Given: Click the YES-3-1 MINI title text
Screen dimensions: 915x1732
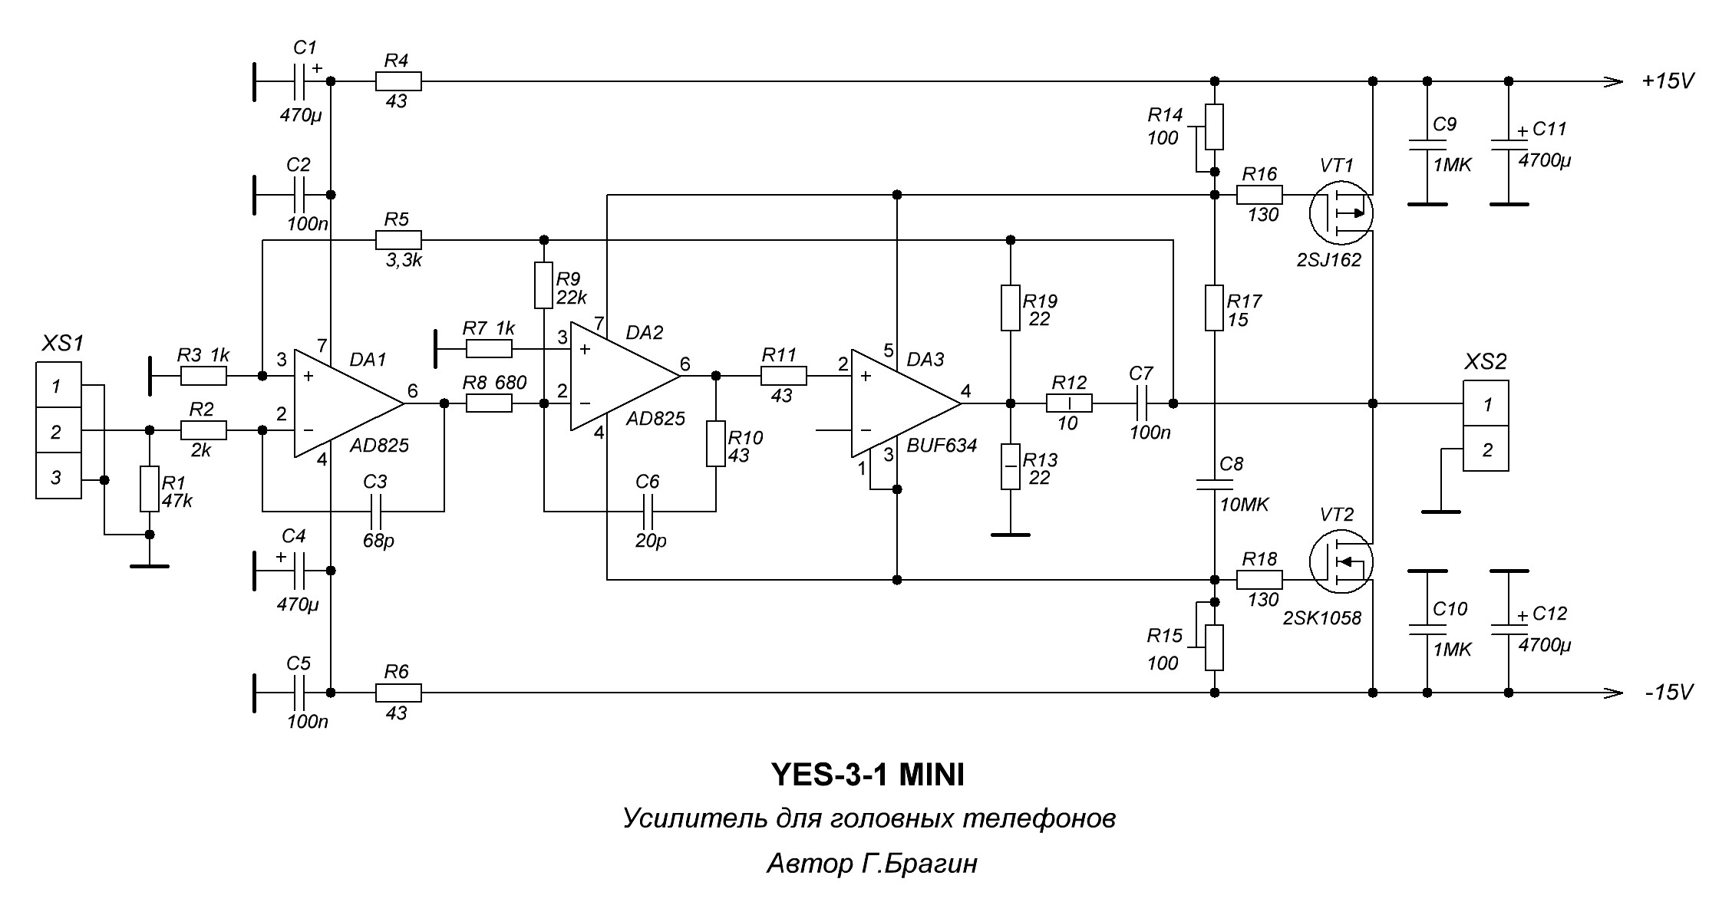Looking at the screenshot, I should point(867,775).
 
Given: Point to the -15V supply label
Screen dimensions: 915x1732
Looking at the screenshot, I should point(1668,693).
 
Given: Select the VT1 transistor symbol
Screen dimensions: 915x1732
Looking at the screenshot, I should point(1341,213).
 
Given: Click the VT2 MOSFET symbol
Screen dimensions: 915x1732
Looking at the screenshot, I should point(1341,563).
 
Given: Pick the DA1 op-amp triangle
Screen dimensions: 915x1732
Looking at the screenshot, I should point(345,403).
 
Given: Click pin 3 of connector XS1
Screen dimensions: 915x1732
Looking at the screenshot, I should point(58,477).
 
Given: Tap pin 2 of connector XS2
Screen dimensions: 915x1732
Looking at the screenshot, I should point(1486,449).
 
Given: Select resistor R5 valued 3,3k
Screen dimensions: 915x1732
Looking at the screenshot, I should point(398,241).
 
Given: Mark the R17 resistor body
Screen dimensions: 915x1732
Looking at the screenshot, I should point(1214,308).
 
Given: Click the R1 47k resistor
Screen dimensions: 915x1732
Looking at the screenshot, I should point(150,489).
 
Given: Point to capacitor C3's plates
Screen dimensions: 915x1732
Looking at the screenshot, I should point(376,511).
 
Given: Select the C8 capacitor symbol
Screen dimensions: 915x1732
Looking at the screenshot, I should point(1214,485).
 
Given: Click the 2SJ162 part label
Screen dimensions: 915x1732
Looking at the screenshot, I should point(1328,260).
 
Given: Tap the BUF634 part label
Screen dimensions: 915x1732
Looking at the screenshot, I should point(942,446).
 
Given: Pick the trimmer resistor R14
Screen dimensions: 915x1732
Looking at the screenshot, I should point(1214,127).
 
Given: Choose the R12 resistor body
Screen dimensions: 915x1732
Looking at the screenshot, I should point(1070,403).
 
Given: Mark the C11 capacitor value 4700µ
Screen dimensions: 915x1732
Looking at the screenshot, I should point(1545,162).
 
